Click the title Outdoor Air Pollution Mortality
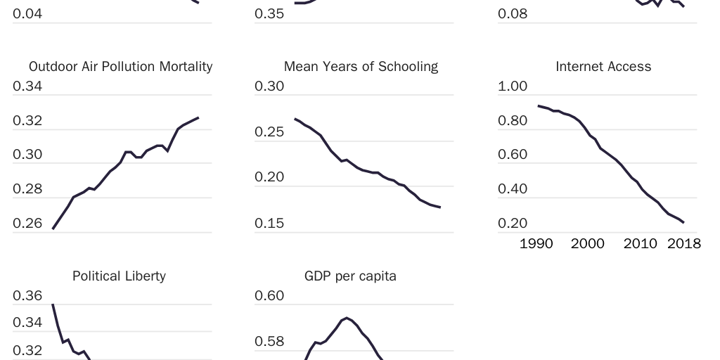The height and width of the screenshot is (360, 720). point(120,67)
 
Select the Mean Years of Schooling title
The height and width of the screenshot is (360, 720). point(361,67)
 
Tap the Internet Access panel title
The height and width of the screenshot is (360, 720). point(603,67)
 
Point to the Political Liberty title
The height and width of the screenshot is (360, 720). point(119,276)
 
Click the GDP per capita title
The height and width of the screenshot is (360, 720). point(350,276)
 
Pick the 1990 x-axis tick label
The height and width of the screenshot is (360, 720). point(536,244)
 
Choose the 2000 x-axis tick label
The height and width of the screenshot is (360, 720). point(587,244)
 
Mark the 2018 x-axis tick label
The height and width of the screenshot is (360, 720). point(683,244)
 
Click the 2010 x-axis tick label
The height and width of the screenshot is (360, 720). point(640,244)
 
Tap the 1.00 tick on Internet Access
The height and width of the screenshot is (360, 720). point(513,86)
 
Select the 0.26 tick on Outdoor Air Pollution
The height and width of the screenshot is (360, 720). point(27,224)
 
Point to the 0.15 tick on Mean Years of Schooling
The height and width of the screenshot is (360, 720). point(269,224)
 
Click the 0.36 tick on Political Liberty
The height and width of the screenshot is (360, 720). point(27,296)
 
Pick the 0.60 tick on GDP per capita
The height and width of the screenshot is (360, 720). point(269,296)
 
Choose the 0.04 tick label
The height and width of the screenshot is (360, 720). point(27,14)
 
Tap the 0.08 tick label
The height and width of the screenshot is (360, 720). point(513,14)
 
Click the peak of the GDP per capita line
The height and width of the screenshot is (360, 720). point(347,318)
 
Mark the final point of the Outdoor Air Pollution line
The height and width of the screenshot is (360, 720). point(198,117)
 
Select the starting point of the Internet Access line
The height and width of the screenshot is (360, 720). point(538,105)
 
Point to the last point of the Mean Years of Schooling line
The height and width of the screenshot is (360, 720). point(440,207)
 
